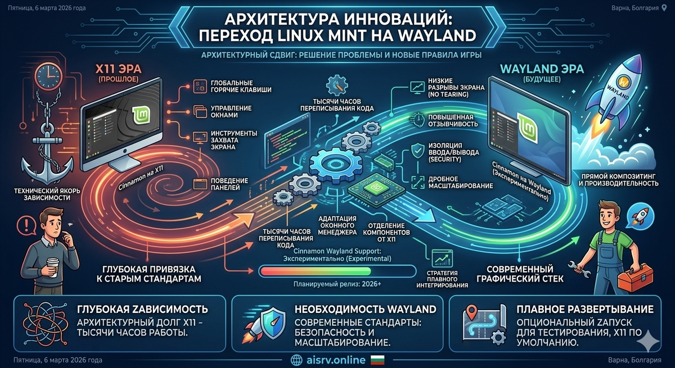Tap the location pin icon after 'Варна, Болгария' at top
(666, 8)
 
